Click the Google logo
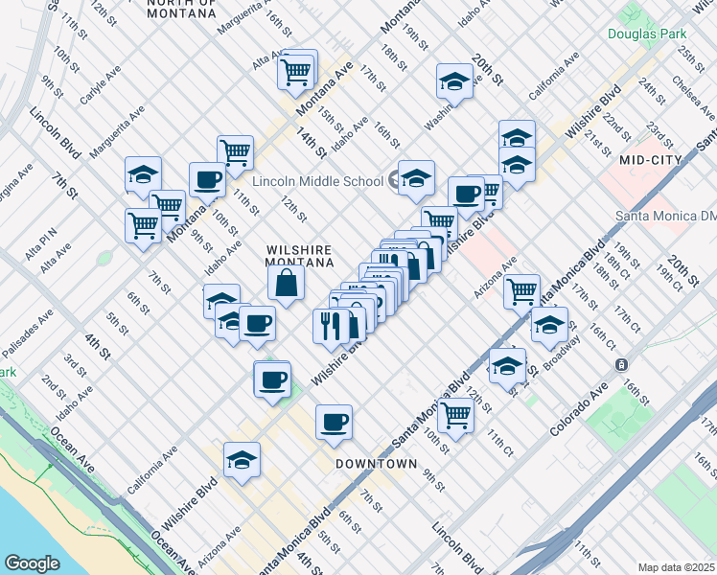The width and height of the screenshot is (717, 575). [x=33, y=563]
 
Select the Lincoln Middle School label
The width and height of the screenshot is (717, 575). [x=317, y=181]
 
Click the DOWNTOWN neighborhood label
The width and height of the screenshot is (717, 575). [x=376, y=464]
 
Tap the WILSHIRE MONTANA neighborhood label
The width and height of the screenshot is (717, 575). [x=299, y=256]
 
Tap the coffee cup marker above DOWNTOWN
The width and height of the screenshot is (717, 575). [x=334, y=422]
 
